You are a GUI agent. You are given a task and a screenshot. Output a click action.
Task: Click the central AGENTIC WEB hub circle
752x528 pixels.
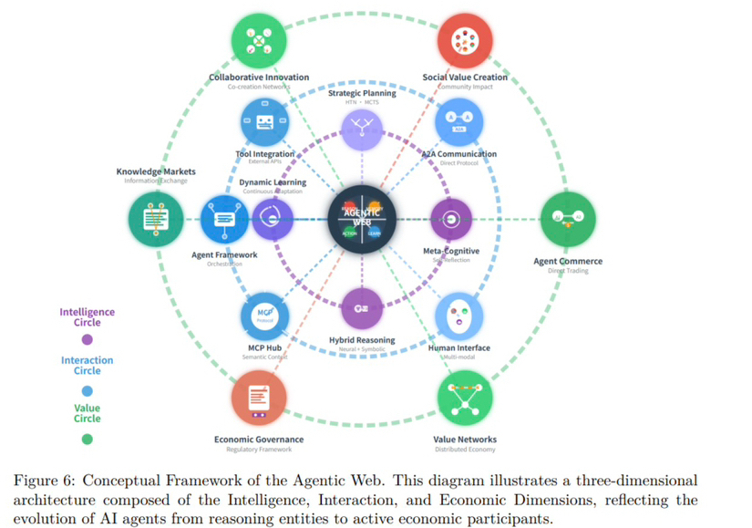(362, 220)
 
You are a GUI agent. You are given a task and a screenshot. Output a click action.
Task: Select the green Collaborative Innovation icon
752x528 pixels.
(259, 41)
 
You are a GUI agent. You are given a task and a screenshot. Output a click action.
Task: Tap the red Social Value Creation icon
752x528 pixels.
(465, 41)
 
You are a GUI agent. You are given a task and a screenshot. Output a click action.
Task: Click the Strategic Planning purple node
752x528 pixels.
(362, 129)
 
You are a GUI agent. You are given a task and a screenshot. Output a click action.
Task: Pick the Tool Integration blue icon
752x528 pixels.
(265, 123)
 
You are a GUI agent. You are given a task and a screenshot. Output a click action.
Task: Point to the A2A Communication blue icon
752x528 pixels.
(458, 123)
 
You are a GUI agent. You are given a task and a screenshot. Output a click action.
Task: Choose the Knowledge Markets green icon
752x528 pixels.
(156, 220)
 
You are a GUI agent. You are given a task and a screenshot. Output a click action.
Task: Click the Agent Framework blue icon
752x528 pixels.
(224, 220)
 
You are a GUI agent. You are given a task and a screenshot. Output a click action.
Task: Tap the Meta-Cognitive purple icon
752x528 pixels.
(450, 220)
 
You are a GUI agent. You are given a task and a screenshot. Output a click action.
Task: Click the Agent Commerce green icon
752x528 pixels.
(568, 220)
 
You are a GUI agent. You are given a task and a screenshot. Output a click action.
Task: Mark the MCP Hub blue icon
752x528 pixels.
(265, 316)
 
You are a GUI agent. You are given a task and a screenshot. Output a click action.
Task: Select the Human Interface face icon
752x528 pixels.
(458, 316)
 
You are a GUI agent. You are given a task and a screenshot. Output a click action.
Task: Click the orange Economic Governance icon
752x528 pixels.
(259, 399)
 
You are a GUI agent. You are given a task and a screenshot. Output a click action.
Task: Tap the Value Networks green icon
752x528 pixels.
(465, 399)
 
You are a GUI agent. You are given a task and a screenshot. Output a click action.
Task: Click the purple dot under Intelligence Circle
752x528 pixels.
(88, 340)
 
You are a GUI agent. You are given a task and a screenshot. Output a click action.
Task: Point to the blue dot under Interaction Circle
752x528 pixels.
(88, 390)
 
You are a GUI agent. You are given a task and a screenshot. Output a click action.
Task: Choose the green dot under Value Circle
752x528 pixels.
(88, 439)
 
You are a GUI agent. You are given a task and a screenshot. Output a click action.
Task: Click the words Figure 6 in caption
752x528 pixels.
(46, 481)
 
